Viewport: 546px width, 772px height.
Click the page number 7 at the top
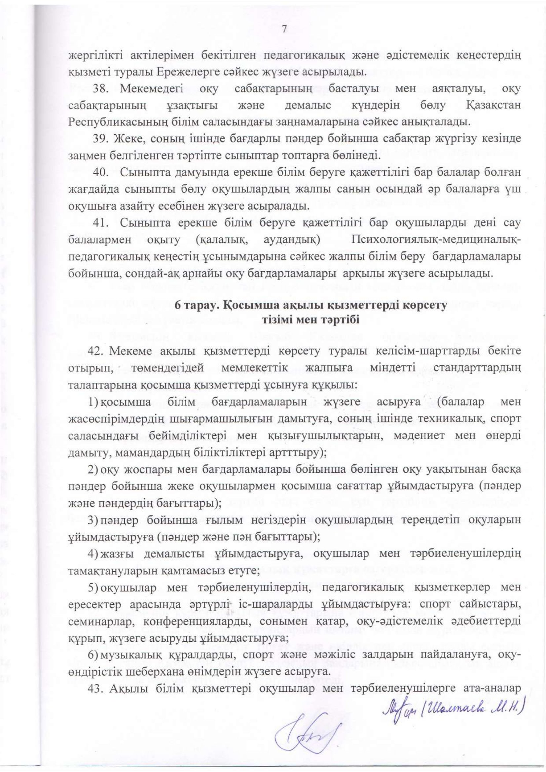click(284, 30)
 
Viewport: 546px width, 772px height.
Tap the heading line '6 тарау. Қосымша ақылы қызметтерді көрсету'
click(311, 306)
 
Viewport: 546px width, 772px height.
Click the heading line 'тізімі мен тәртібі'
click(311, 320)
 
